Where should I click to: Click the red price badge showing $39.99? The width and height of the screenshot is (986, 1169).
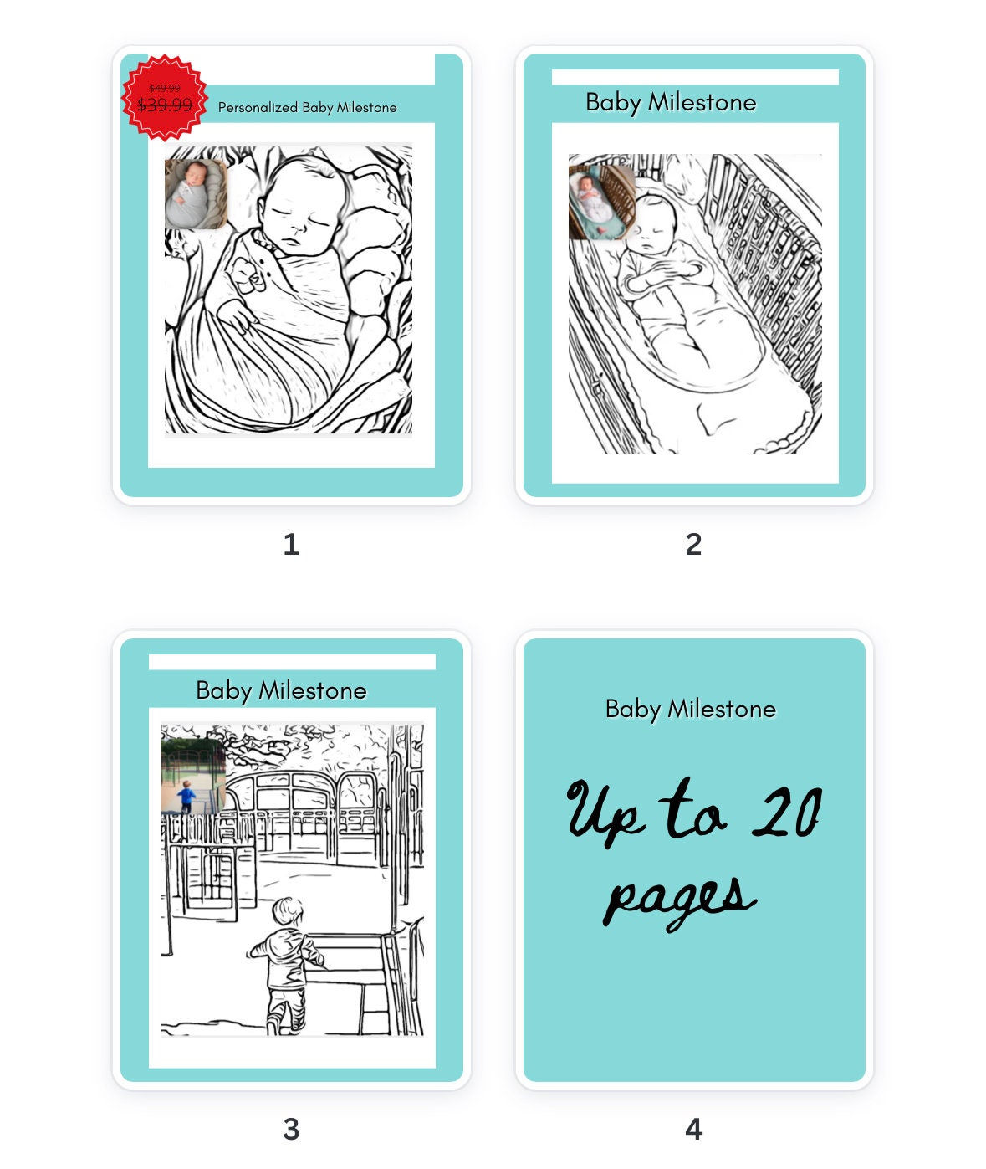coord(165,98)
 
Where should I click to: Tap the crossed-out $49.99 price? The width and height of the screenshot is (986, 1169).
coord(165,88)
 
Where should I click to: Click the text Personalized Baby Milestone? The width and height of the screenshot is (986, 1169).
coord(307,107)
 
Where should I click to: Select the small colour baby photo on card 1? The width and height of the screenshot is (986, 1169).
coord(197,194)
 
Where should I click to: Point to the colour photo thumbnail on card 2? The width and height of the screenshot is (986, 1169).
coord(600,202)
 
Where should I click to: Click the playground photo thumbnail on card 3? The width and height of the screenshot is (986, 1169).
coord(192,775)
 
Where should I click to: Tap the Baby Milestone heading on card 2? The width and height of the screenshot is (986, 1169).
coord(671,102)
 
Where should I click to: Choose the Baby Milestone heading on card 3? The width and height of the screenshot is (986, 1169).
coord(281,690)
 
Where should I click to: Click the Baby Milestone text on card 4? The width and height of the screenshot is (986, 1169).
coord(690,709)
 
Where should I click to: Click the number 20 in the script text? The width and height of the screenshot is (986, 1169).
coord(787,813)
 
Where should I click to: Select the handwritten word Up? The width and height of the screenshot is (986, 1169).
coord(605,812)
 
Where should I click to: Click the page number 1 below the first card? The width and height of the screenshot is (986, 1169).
coord(291,545)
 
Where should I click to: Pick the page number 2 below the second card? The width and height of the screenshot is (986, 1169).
coord(693,545)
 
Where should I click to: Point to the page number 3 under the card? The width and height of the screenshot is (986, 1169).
coord(291,1130)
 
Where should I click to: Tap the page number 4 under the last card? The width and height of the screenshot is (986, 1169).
coord(693,1130)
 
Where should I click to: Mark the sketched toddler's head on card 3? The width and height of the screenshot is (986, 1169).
coord(288,913)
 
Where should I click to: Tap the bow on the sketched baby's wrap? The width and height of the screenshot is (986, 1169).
coord(244,275)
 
